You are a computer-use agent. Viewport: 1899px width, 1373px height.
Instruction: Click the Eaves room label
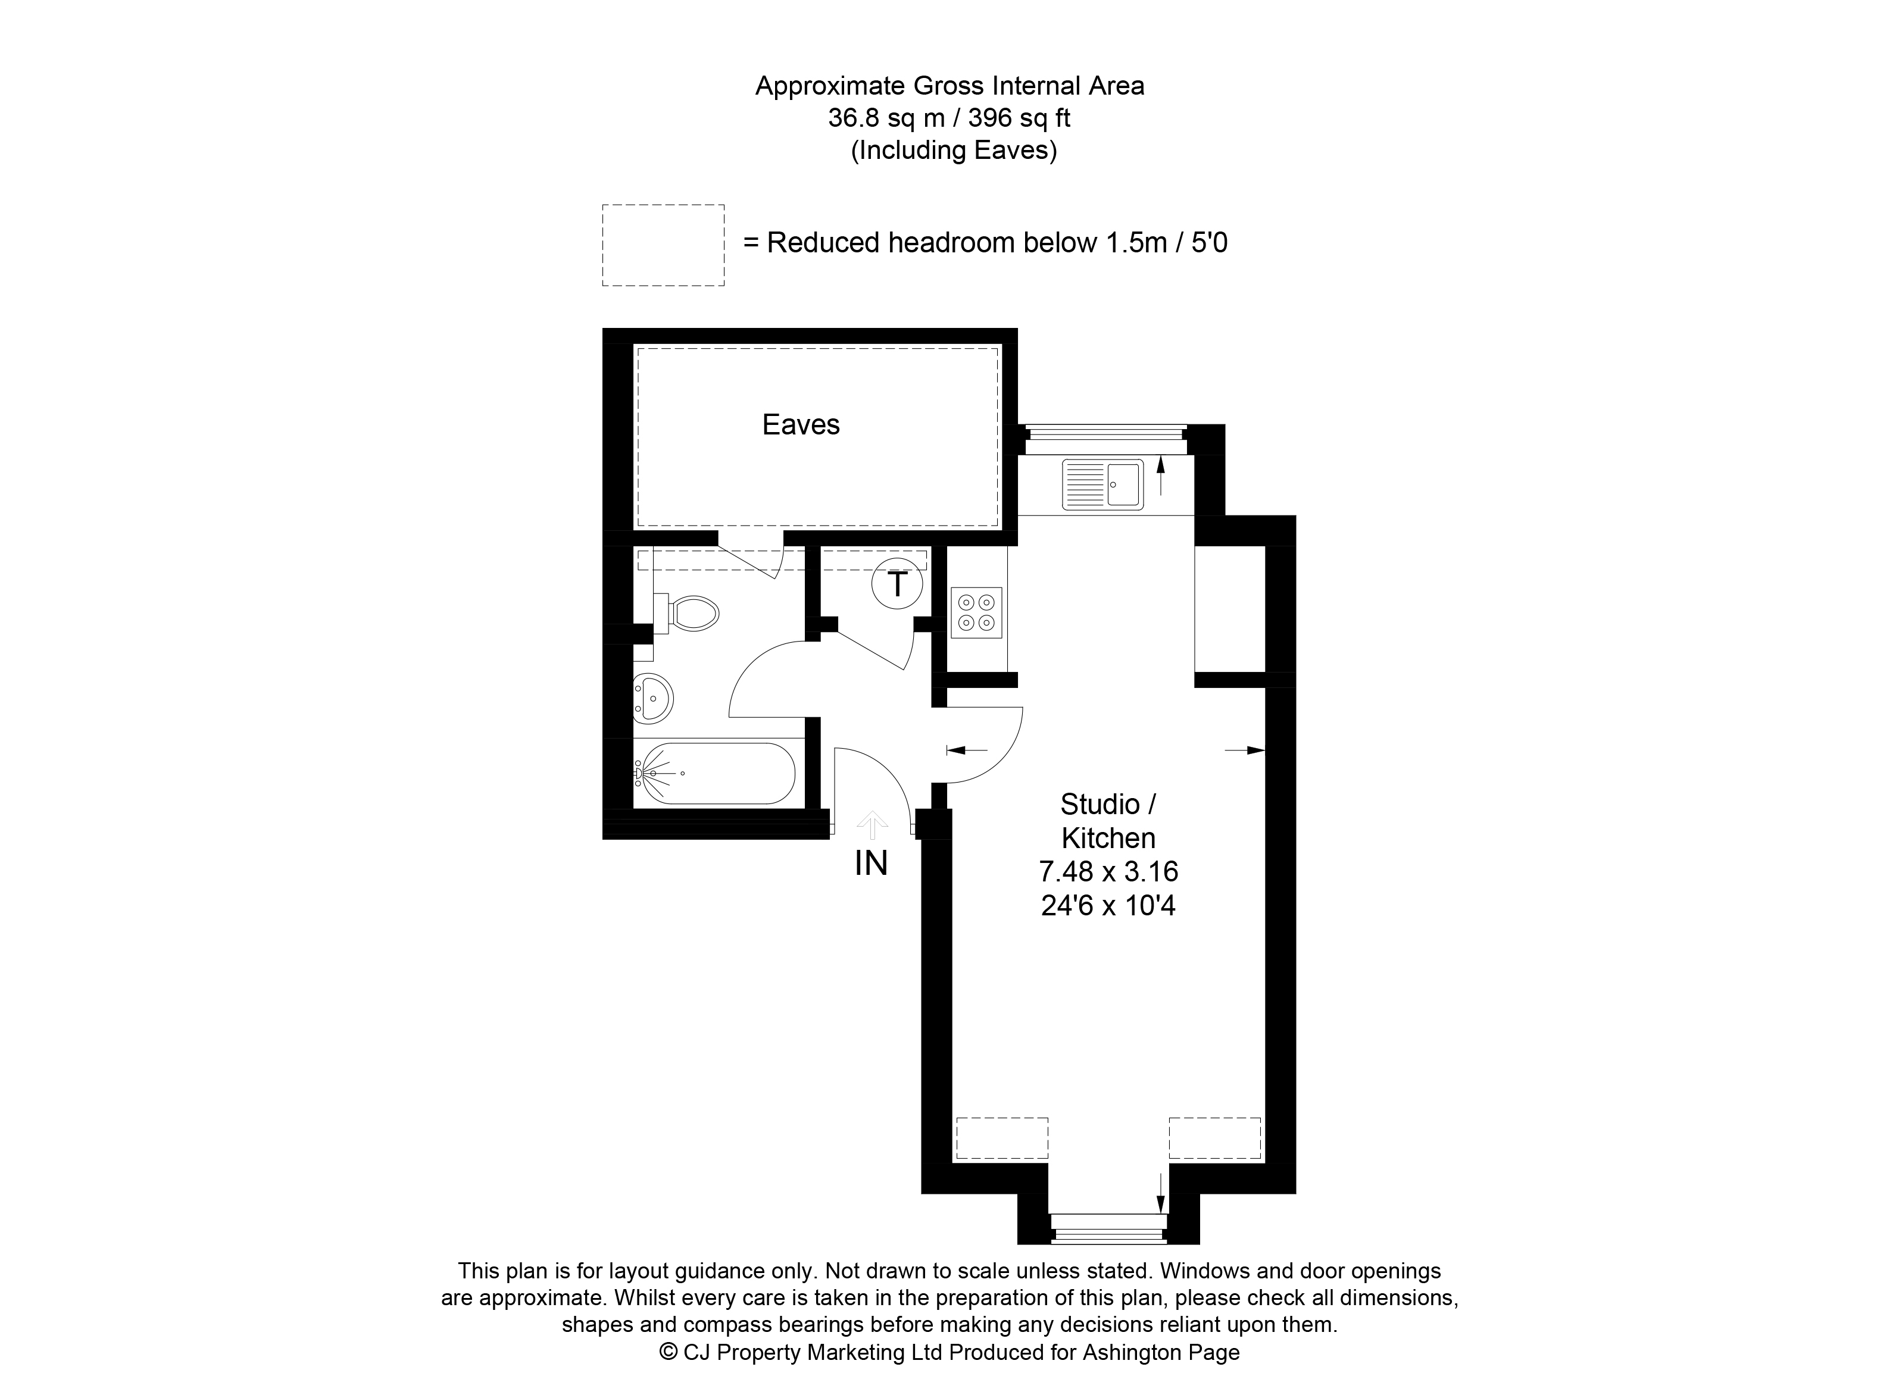[801, 424]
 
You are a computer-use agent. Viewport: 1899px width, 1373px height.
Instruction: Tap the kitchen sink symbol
[1102, 484]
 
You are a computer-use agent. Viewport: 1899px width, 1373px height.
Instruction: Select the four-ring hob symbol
[976, 613]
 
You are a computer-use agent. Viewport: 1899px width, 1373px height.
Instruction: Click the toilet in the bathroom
[686, 613]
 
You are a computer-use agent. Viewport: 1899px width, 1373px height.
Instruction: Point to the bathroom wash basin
[653, 698]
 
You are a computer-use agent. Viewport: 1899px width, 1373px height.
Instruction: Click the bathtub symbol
[714, 774]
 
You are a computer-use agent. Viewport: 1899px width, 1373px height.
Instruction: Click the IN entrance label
[871, 863]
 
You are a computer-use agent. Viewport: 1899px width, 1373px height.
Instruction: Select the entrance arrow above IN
[873, 825]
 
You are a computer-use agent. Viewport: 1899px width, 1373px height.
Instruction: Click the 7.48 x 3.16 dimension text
[1108, 871]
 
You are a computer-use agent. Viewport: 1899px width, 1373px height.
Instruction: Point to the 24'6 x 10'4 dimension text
[1108, 905]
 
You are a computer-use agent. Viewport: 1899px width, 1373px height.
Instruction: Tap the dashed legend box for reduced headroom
[663, 245]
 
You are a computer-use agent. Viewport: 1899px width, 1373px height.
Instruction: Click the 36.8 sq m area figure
[886, 118]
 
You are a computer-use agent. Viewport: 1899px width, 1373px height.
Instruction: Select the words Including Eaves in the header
[954, 150]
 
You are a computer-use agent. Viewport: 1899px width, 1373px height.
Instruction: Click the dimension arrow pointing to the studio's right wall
[1244, 750]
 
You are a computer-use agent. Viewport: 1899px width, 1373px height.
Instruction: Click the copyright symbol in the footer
[668, 1350]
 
